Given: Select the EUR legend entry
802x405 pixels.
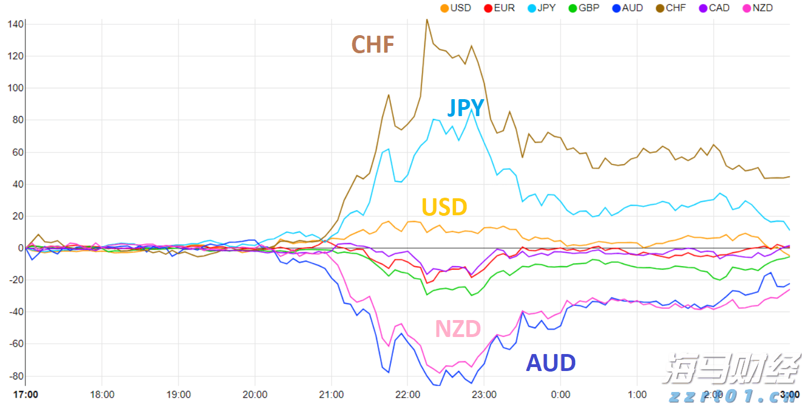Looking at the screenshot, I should click(499, 8).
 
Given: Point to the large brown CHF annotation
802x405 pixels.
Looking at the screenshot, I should click(373, 44).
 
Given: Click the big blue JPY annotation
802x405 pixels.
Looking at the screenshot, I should click(466, 108).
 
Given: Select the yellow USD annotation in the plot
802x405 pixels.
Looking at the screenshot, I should click(444, 207).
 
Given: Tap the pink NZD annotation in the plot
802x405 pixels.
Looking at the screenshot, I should click(458, 329).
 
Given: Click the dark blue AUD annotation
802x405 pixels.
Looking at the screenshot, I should click(551, 363).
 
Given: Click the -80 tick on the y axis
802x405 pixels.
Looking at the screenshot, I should click(14, 376).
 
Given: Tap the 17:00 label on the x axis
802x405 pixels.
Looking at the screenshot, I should click(26, 394).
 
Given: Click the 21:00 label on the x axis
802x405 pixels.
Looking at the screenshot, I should click(331, 394).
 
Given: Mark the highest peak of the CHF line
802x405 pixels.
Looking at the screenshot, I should click(427, 19).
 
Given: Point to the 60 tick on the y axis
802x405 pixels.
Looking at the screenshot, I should click(16, 152).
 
